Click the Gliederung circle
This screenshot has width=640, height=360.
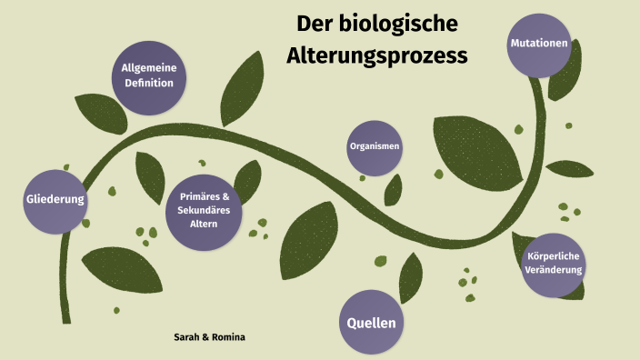pos(55,199)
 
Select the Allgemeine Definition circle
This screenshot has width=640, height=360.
pos(149,76)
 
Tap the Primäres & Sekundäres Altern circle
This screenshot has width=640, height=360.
pos(204,211)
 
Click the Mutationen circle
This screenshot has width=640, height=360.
pos(539,44)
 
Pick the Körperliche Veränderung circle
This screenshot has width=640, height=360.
pos(554,264)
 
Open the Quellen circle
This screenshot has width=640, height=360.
pos(373,322)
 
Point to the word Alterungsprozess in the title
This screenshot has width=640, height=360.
pos(377,55)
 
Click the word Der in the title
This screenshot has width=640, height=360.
pos(315,23)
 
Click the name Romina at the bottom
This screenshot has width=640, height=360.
pos(228,337)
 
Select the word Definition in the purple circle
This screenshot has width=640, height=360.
pos(149,84)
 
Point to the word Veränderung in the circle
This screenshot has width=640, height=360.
pos(554,271)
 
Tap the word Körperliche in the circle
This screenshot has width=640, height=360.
pos(554,256)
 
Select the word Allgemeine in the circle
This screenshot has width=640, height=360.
pos(149,69)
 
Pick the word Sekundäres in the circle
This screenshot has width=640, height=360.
pos(204,211)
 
